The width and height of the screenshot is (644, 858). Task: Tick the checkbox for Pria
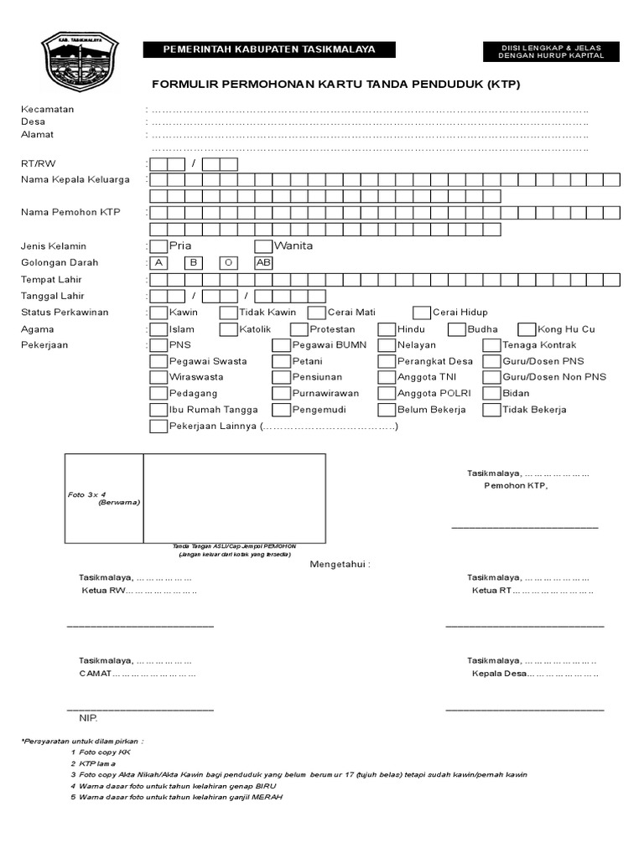(x=158, y=246)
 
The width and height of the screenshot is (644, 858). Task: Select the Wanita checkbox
(x=263, y=246)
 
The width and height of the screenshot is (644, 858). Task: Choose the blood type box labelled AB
(x=263, y=262)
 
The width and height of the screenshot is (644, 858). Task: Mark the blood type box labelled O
(x=228, y=262)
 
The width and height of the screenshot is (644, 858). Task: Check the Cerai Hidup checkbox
(x=421, y=313)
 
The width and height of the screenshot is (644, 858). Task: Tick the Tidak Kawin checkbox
(x=228, y=313)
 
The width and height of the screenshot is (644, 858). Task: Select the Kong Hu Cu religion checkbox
(x=527, y=329)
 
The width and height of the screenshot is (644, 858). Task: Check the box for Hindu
(x=386, y=329)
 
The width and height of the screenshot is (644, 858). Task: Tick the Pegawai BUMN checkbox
(x=281, y=345)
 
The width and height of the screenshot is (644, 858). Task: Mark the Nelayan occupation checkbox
(x=386, y=345)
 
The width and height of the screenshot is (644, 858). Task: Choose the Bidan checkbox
(x=491, y=393)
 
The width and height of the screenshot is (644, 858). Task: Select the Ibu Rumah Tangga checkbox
(x=158, y=410)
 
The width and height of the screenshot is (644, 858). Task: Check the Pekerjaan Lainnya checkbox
(x=158, y=426)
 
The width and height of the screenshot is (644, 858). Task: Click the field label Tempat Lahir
(x=51, y=279)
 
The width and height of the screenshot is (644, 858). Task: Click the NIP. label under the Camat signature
(x=88, y=718)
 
